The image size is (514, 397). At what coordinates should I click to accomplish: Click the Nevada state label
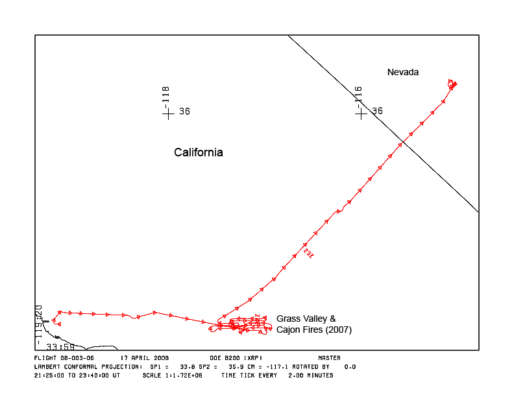tap(402, 72)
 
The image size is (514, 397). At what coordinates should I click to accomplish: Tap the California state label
tap(198, 152)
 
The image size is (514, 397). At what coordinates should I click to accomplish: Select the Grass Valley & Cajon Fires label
tap(313, 324)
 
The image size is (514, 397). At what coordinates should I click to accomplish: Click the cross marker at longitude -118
tap(168, 112)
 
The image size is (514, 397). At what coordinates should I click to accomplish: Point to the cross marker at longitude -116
tap(361, 112)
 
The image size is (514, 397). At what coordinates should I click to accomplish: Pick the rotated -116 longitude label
tap(358, 95)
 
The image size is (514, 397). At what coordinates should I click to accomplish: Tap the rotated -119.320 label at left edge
tap(39, 324)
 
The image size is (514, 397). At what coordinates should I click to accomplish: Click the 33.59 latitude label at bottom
tap(60, 347)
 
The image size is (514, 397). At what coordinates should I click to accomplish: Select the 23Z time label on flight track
tap(308, 252)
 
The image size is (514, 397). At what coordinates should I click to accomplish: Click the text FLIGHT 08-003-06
tap(64, 357)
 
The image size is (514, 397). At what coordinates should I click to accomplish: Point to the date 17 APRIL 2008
tap(145, 357)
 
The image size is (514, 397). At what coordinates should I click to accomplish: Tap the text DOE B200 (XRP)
tap(236, 357)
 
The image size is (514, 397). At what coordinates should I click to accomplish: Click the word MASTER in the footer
tap(329, 357)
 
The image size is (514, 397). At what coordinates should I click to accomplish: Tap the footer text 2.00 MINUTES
tap(312, 376)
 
